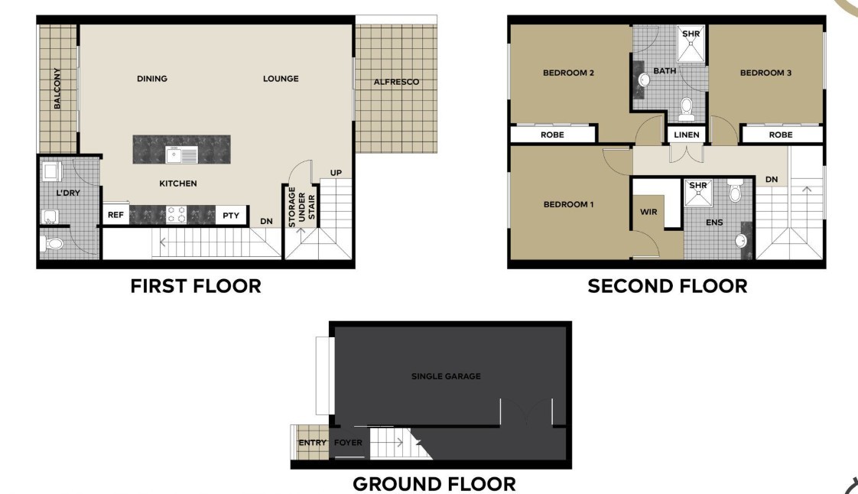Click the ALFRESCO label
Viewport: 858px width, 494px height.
[x=396, y=82]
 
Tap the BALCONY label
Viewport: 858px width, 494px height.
[x=57, y=88]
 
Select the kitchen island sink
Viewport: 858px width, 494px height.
[x=182, y=154]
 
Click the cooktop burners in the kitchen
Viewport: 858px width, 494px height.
[x=176, y=214]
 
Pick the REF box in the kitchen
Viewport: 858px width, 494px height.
[x=115, y=215]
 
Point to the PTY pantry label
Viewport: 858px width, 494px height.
[x=231, y=216]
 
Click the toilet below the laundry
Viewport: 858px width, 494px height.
[x=51, y=243]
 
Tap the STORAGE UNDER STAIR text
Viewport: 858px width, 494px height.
[x=301, y=206]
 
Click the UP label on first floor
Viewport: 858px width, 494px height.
[x=336, y=173]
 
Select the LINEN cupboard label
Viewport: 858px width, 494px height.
[x=687, y=135]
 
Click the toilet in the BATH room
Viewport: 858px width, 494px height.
[x=687, y=109]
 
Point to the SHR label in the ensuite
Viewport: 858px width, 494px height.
[x=698, y=186]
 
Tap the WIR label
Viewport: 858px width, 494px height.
[x=648, y=212]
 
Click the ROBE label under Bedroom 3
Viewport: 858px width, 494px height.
[x=781, y=135]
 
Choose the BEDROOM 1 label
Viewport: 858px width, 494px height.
[x=568, y=205]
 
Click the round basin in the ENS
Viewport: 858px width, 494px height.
[x=740, y=240]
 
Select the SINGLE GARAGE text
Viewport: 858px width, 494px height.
[x=446, y=376]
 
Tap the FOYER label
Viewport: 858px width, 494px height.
[x=348, y=442]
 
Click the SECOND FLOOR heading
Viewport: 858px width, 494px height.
[x=668, y=286]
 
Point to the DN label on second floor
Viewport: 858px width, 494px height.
[x=772, y=180]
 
